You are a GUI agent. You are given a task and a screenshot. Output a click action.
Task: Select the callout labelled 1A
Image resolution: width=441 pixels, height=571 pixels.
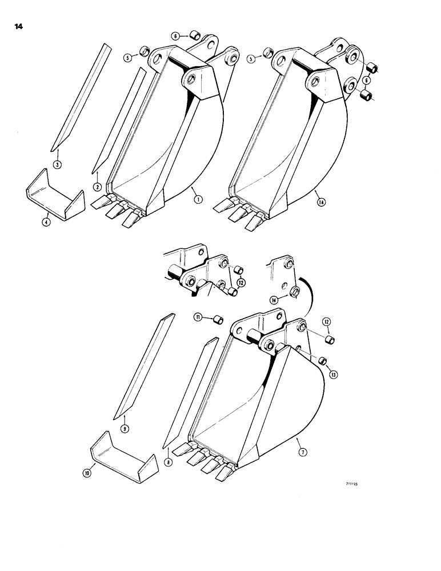pyautogui.click(x=318, y=199)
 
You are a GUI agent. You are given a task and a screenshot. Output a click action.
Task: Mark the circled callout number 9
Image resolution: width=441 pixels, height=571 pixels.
pyautogui.click(x=125, y=427)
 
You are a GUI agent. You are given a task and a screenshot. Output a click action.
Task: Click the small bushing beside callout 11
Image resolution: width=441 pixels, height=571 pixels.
pyautogui.click(x=217, y=319)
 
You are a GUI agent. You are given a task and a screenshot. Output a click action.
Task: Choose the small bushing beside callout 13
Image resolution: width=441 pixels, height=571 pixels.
pyautogui.click(x=322, y=360)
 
